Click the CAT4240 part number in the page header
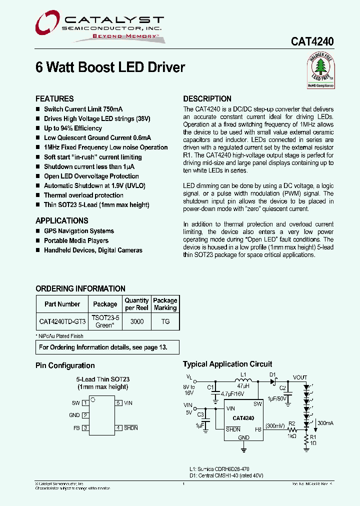tap(312, 42)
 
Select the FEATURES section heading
tap(54, 99)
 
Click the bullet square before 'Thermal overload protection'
tap(38, 195)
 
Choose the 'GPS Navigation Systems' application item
tap(78, 231)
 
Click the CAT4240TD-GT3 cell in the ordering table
tap(62, 321)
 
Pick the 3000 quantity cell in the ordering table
tap(136, 321)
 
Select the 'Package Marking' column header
tap(165, 304)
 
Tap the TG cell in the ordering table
tap(165, 321)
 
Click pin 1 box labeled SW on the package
tap(85, 402)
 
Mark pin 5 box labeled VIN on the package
tap(118, 402)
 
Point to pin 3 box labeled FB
tap(85, 428)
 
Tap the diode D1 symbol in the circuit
tap(273, 382)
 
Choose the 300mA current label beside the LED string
tap(325, 423)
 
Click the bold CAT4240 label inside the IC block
tap(243, 418)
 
